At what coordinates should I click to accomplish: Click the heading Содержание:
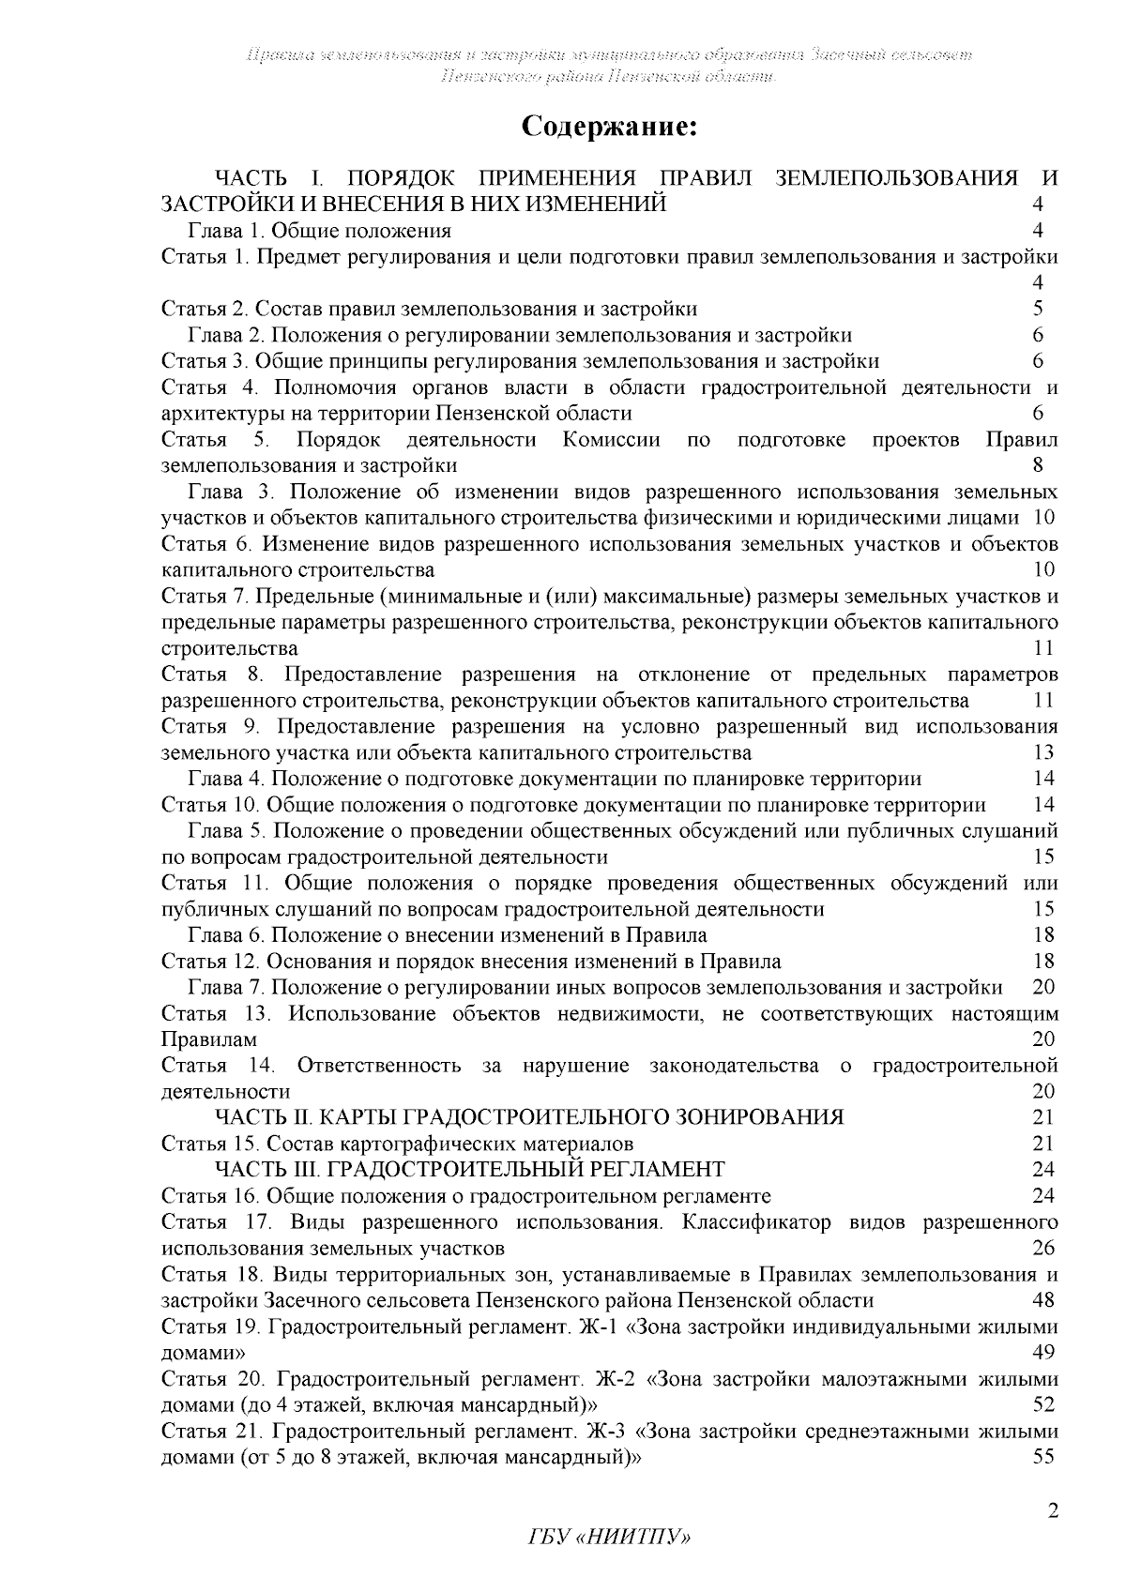pyautogui.click(x=609, y=127)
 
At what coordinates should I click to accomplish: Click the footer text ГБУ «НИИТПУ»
pyautogui.click(x=609, y=1563)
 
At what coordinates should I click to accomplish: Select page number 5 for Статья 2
pyautogui.click(x=1038, y=309)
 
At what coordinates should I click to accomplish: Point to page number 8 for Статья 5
pyautogui.click(x=1038, y=465)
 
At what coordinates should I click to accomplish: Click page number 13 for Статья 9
pyautogui.click(x=1042, y=752)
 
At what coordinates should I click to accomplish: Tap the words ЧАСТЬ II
pyautogui.click(x=266, y=1117)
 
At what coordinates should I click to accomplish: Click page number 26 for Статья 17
pyautogui.click(x=1042, y=1249)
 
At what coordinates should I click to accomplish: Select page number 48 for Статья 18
pyautogui.click(x=1042, y=1301)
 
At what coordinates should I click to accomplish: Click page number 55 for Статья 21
pyautogui.click(x=1042, y=1458)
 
